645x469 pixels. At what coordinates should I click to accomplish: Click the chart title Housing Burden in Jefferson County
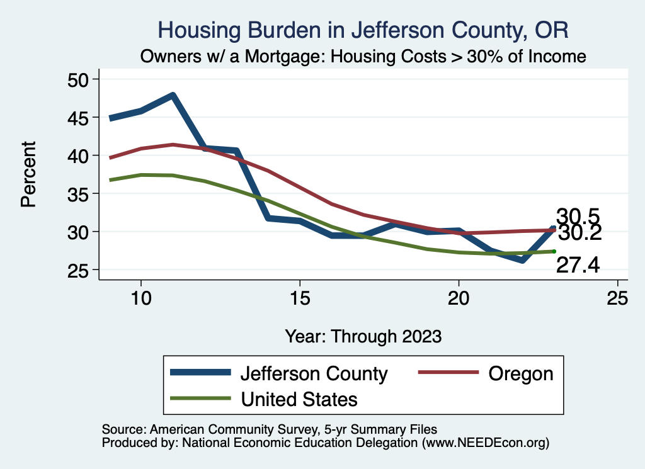363,30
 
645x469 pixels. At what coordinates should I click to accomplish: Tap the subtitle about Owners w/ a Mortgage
363,56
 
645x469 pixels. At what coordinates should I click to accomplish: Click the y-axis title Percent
28,174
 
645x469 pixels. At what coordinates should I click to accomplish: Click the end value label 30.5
576,216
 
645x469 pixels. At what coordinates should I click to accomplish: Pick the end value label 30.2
579,234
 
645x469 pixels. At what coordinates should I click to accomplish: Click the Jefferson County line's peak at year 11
172,96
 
